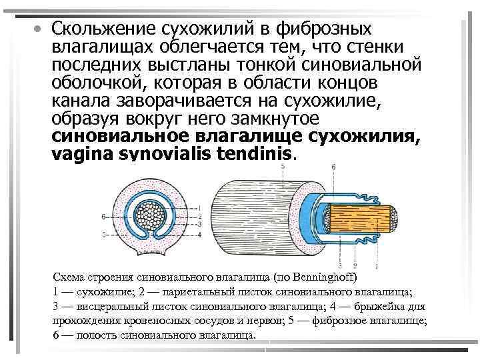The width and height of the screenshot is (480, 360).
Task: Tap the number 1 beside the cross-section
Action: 200,209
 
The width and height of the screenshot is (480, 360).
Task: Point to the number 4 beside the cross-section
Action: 200,234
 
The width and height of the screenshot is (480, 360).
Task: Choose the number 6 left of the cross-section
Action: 103,217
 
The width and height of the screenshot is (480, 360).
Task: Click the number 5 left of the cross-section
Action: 103,235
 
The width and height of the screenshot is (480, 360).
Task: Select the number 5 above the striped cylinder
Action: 283,166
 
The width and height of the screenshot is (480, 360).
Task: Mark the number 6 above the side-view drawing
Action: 333,166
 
